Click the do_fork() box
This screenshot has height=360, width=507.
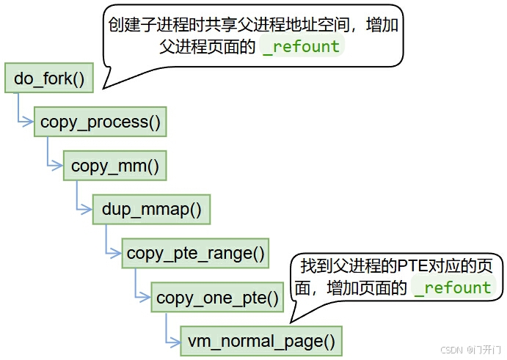tap(49, 78)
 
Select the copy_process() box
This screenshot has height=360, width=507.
tap(101, 122)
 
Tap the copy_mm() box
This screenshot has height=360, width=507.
tap(115, 166)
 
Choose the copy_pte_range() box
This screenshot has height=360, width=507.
tap(195, 254)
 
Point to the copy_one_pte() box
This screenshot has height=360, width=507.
tap(218, 298)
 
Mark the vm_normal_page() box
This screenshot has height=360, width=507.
tap(261, 341)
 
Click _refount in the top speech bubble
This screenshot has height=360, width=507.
tap(301, 47)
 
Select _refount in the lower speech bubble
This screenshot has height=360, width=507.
tap(452, 287)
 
